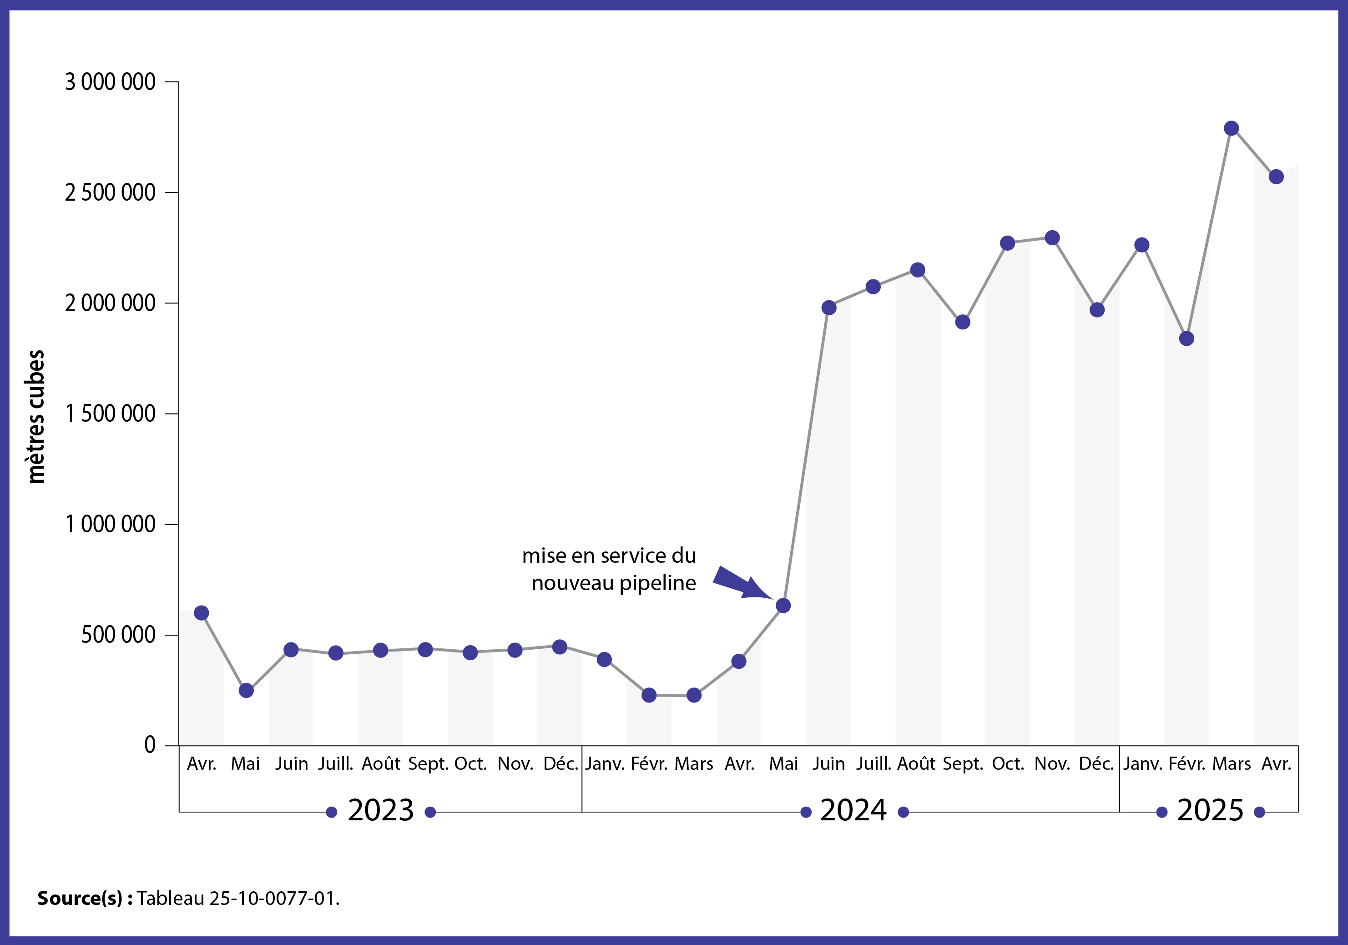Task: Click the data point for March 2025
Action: pos(1231,128)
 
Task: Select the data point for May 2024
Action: pos(783,606)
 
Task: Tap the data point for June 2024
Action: pos(828,308)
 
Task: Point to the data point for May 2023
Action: pos(246,691)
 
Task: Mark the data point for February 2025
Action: pos(1186,339)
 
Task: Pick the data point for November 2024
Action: pos(1052,238)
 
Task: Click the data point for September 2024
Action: pos(962,322)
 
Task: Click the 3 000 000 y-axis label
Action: pos(110,82)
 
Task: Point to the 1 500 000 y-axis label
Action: pos(110,414)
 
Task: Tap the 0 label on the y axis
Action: pos(150,745)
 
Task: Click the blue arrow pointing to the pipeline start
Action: pos(741,583)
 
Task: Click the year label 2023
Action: pos(380,810)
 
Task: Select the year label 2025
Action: pos(1210,810)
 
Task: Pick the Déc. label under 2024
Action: pos(1096,763)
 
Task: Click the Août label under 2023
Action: pos(380,763)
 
